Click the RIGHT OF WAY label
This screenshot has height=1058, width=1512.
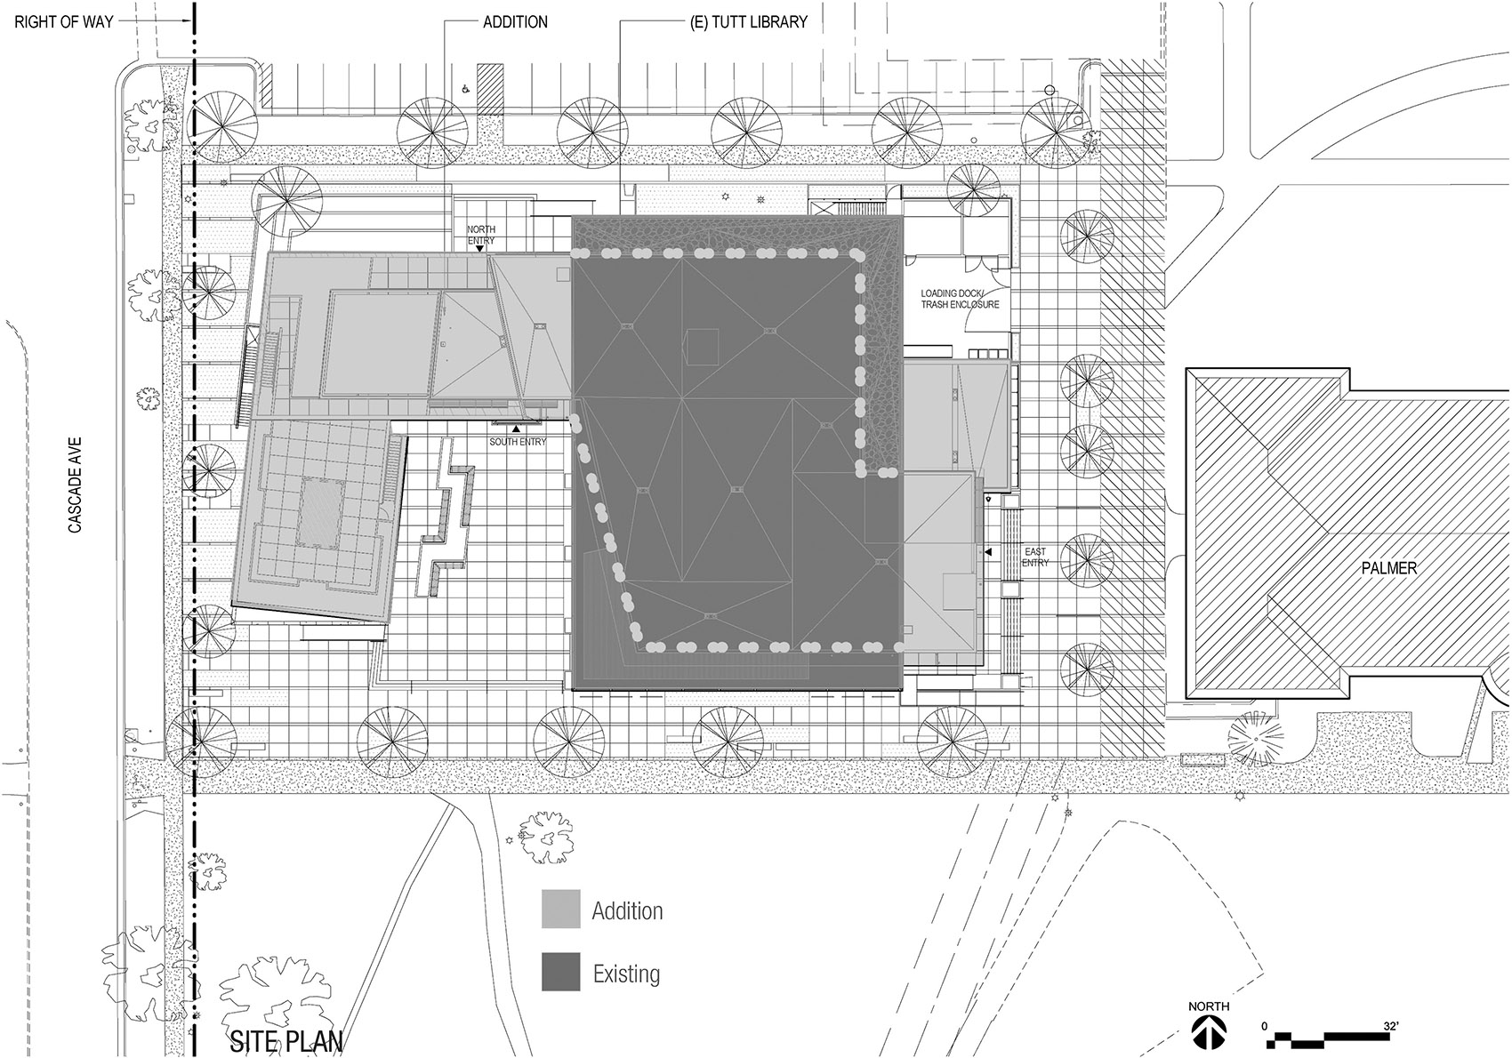tap(64, 21)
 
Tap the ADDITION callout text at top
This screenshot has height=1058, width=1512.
tap(515, 21)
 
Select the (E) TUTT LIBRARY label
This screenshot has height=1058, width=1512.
tap(749, 21)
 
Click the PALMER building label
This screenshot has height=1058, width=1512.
tap(1388, 567)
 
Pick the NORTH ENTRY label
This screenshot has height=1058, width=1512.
tap(481, 235)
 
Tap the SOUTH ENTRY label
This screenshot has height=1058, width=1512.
tap(518, 442)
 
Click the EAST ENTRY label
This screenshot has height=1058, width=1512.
tap(1035, 557)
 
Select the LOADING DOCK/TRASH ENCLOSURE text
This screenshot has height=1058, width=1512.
tap(960, 299)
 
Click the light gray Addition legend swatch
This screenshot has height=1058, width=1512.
tap(561, 910)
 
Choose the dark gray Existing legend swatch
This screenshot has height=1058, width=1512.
tap(561, 973)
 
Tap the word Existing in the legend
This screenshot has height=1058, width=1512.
tap(626, 974)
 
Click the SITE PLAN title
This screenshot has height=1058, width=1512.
tap(286, 1041)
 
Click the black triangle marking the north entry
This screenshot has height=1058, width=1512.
tap(480, 249)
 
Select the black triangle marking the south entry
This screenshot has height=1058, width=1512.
tap(516, 429)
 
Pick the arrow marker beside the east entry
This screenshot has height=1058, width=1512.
tap(988, 552)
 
